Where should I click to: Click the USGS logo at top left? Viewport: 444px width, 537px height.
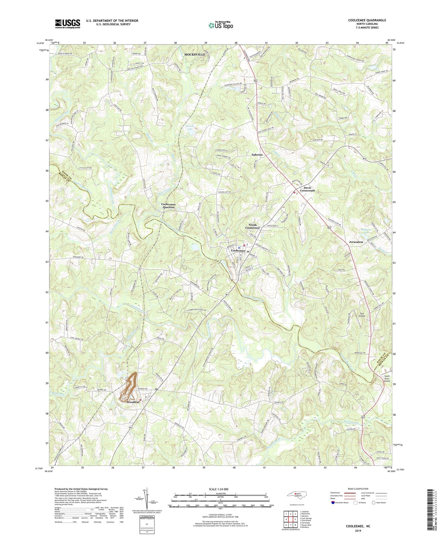tap(67, 24)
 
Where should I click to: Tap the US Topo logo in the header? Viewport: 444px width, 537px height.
tap(220, 25)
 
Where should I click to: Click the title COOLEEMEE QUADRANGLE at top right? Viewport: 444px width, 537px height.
tap(367, 20)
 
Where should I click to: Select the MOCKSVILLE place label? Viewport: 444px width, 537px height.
tap(194, 54)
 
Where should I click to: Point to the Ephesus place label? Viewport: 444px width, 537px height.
tap(257, 155)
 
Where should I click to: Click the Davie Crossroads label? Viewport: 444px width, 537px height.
tap(309, 189)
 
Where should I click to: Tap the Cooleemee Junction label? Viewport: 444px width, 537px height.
tap(168, 205)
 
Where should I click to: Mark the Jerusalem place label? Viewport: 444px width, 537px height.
tap(356, 242)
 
